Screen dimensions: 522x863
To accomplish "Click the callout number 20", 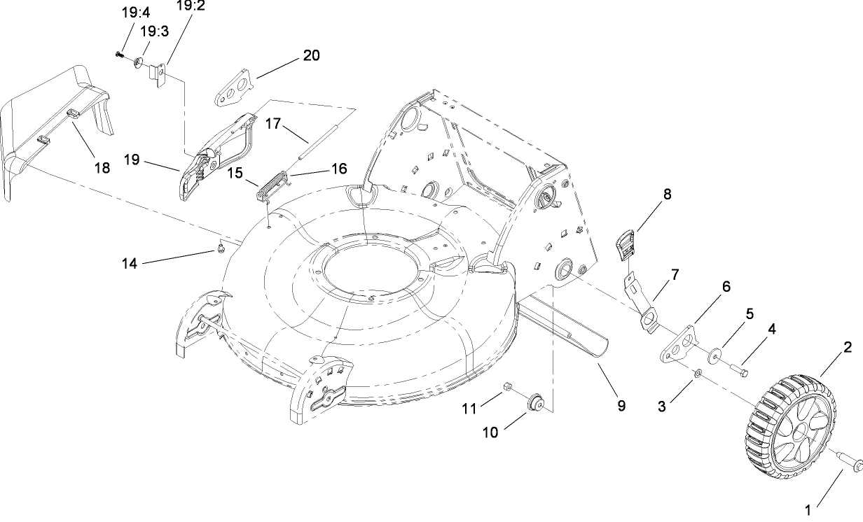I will (311, 55).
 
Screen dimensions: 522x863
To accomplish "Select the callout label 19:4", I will (130, 12).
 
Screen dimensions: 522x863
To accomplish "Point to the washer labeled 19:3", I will (139, 64).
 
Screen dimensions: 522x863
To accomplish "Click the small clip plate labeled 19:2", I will (160, 76).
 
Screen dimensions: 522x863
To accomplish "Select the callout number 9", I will (621, 405).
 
